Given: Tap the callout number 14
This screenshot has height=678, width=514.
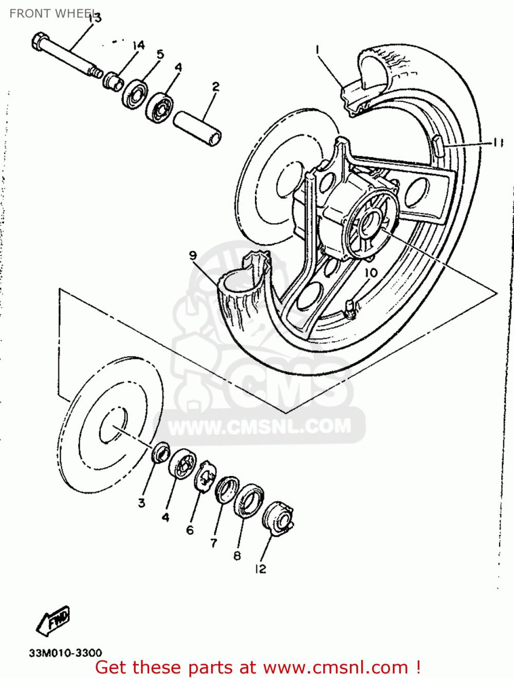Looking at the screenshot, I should pyautogui.click(x=138, y=46).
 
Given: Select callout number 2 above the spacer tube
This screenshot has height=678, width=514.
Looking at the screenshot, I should pyautogui.click(x=215, y=86).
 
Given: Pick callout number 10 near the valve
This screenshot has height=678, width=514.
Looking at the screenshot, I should pyautogui.click(x=371, y=272).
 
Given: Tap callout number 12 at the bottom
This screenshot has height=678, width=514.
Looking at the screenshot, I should pyautogui.click(x=261, y=569).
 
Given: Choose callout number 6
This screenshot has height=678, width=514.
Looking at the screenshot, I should pyautogui.click(x=190, y=529).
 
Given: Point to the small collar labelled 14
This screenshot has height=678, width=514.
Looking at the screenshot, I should pyautogui.click(x=113, y=80).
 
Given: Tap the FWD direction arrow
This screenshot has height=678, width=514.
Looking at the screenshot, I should pyautogui.click(x=52, y=621).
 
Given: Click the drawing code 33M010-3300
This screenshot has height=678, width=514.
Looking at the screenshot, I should pyautogui.click(x=65, y=653).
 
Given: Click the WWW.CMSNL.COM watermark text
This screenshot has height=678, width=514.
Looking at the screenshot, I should pyautogui.click(x=260, y=426).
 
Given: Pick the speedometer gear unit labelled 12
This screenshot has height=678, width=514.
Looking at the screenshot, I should pyautogui.click(x=278, y=517).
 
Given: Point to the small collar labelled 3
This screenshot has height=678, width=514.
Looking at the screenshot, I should pyautogui.click(x=161, y=452).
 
